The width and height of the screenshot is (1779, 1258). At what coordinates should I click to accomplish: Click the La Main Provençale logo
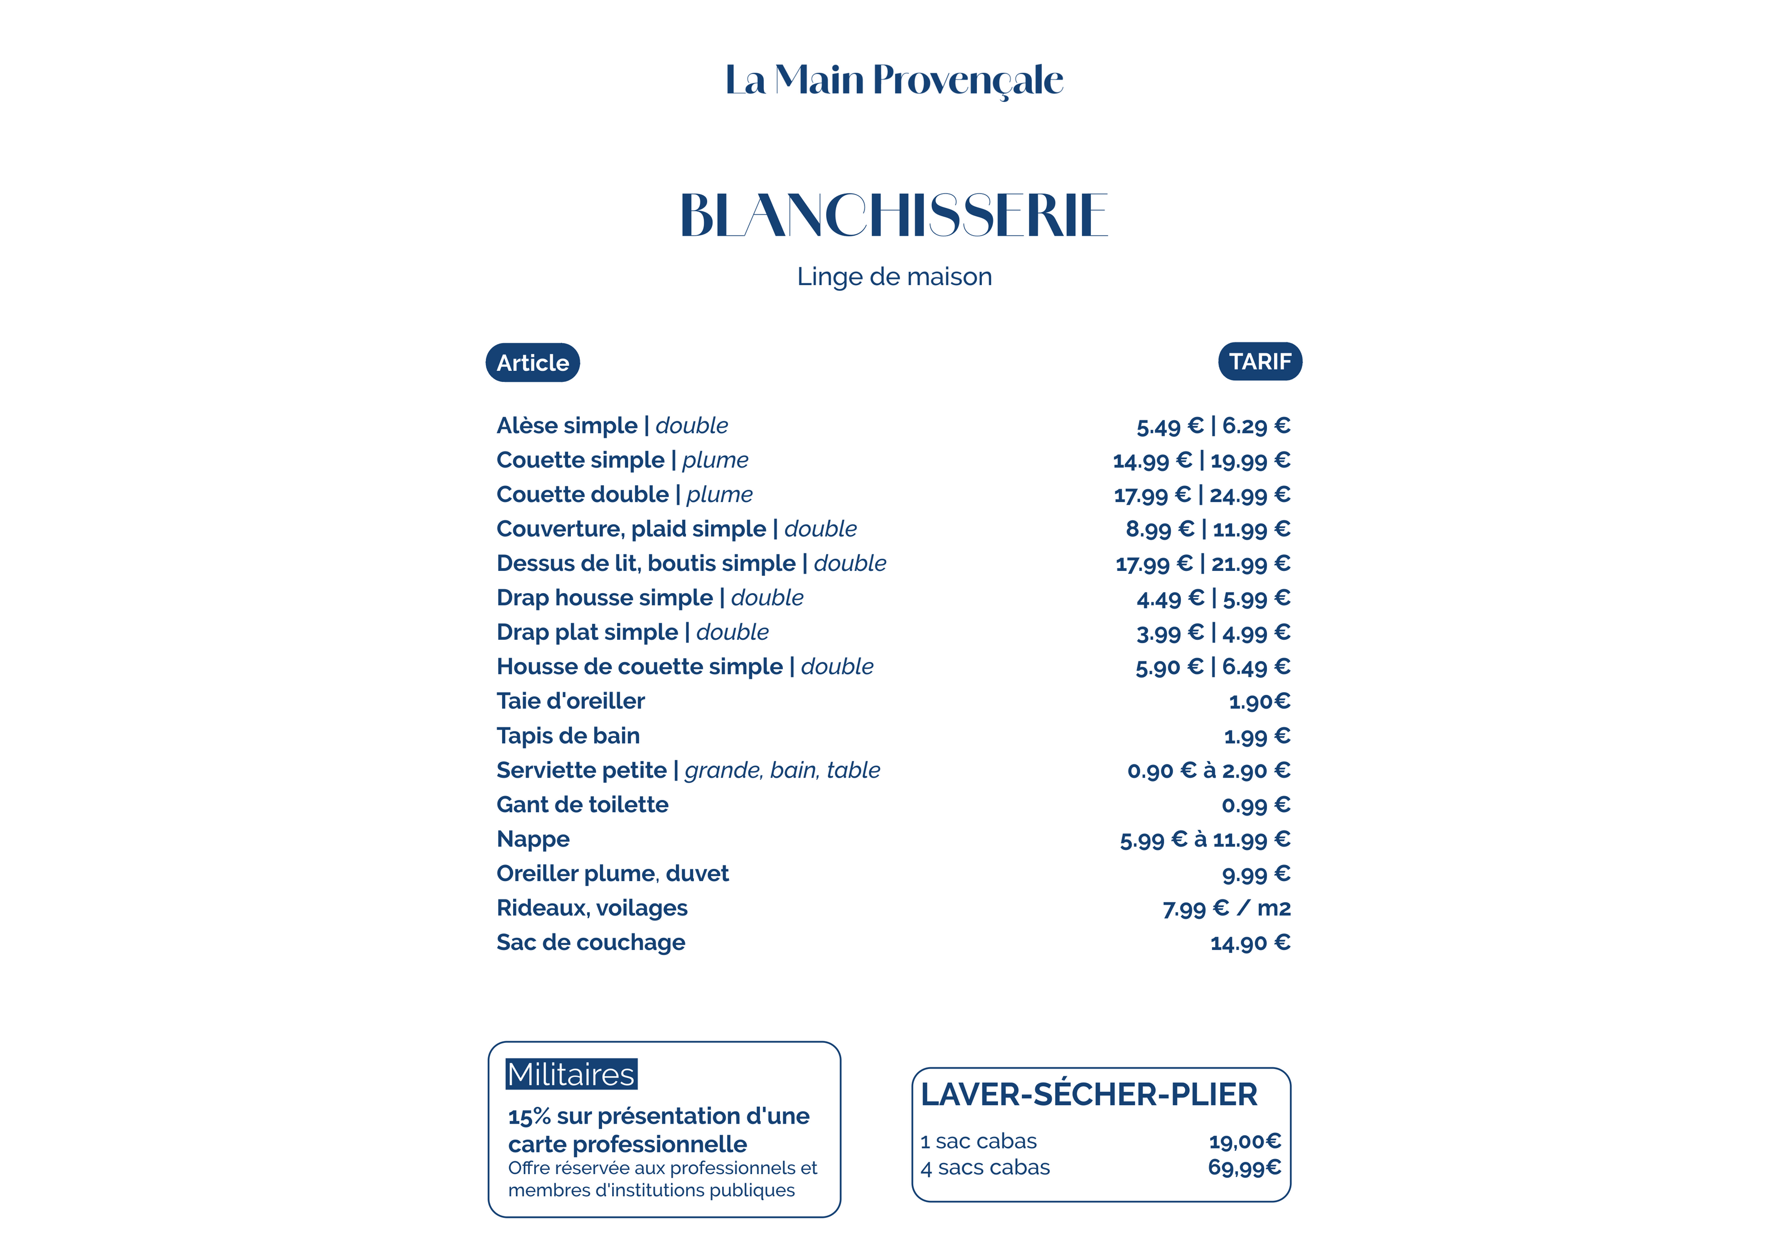coord(893,81)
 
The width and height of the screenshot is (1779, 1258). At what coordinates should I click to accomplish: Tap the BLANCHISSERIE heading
coord(893,215)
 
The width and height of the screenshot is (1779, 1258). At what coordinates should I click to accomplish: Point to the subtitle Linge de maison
coord(893,276)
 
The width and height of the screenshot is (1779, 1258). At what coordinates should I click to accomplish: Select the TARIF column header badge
coord(1259,362)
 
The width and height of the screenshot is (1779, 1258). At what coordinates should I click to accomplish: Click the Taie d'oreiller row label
coord(570,701)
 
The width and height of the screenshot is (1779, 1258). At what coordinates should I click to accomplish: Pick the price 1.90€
coord(1259,702)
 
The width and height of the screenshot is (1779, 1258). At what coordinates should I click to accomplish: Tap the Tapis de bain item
coord(568,736)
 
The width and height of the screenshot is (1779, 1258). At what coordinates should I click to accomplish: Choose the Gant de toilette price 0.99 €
coord(1255,805)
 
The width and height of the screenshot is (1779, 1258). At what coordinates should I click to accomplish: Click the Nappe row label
coord(533,839)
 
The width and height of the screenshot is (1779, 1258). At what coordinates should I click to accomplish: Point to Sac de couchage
coord(590,943)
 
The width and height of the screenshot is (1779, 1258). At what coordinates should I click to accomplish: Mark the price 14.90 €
coord(1250,943)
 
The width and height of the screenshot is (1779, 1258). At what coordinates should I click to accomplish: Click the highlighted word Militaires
coord(571,1075)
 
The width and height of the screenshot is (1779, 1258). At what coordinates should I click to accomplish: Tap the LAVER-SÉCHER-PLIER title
coord(1089,1095)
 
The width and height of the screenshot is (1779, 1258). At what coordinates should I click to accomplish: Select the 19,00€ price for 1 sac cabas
coord(1244,1141)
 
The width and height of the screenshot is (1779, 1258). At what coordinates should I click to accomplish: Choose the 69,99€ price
coord(1244,1167)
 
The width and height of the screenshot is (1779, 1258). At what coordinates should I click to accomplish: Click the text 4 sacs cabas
coord(985,1167)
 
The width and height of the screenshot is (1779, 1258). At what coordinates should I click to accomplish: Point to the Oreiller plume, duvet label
coord(612,874)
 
